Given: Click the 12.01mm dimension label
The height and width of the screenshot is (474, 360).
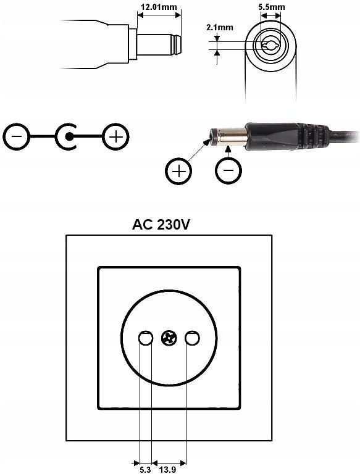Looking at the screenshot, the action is [159, 7].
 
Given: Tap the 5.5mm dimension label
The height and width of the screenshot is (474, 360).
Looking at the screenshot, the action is [271, 7].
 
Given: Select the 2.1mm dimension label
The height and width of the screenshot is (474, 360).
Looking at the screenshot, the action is [220, 28].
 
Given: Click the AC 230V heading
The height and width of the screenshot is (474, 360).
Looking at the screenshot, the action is [161, 225].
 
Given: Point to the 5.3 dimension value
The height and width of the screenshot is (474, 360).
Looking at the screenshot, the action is [145, 470].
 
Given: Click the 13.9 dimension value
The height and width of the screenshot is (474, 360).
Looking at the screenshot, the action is [167, 470].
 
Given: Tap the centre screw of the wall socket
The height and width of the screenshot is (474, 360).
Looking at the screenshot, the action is [169, 338].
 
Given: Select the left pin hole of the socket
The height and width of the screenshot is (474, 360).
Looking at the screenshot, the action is [146, 338].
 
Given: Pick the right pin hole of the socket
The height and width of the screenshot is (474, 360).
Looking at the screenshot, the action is [192, 338].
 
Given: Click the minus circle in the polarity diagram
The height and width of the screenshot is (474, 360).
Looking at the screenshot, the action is [17, 136].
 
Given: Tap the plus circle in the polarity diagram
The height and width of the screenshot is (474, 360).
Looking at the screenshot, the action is [116, 136].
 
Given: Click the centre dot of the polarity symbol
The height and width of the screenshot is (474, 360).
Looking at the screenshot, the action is [69, 136].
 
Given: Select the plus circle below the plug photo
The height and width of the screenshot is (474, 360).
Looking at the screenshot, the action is [178, 171].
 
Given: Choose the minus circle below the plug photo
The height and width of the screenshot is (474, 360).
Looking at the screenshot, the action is [228, 170].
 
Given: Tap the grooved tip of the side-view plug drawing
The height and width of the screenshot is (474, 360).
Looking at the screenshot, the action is [176, 44].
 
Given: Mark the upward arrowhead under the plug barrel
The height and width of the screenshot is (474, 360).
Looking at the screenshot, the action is [228, 148].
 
